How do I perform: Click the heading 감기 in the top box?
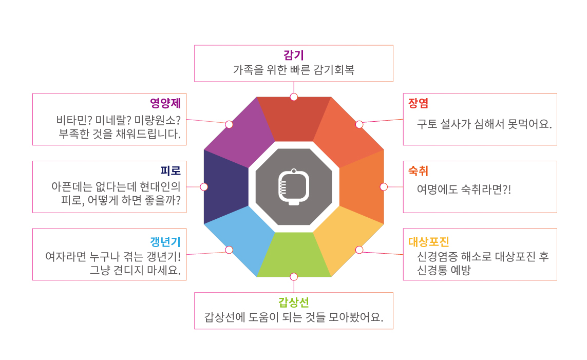coord(294,55)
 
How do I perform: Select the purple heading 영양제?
coord(165,103)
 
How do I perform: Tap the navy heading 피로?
coord(171,170)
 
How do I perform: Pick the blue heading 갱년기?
coord(165,242)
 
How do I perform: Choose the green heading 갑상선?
coord(294,302)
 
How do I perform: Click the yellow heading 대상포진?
coord(429,242)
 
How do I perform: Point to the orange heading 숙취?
coord(418,170)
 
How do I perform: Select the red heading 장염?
coord(418,103)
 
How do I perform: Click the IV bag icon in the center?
coord(294,187)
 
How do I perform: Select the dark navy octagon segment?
coord(224,187)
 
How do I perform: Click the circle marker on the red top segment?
coord(294,97)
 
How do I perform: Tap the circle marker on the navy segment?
coord(204,187)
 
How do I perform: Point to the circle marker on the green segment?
coord(294,277)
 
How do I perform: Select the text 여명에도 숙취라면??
coord(464,190)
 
